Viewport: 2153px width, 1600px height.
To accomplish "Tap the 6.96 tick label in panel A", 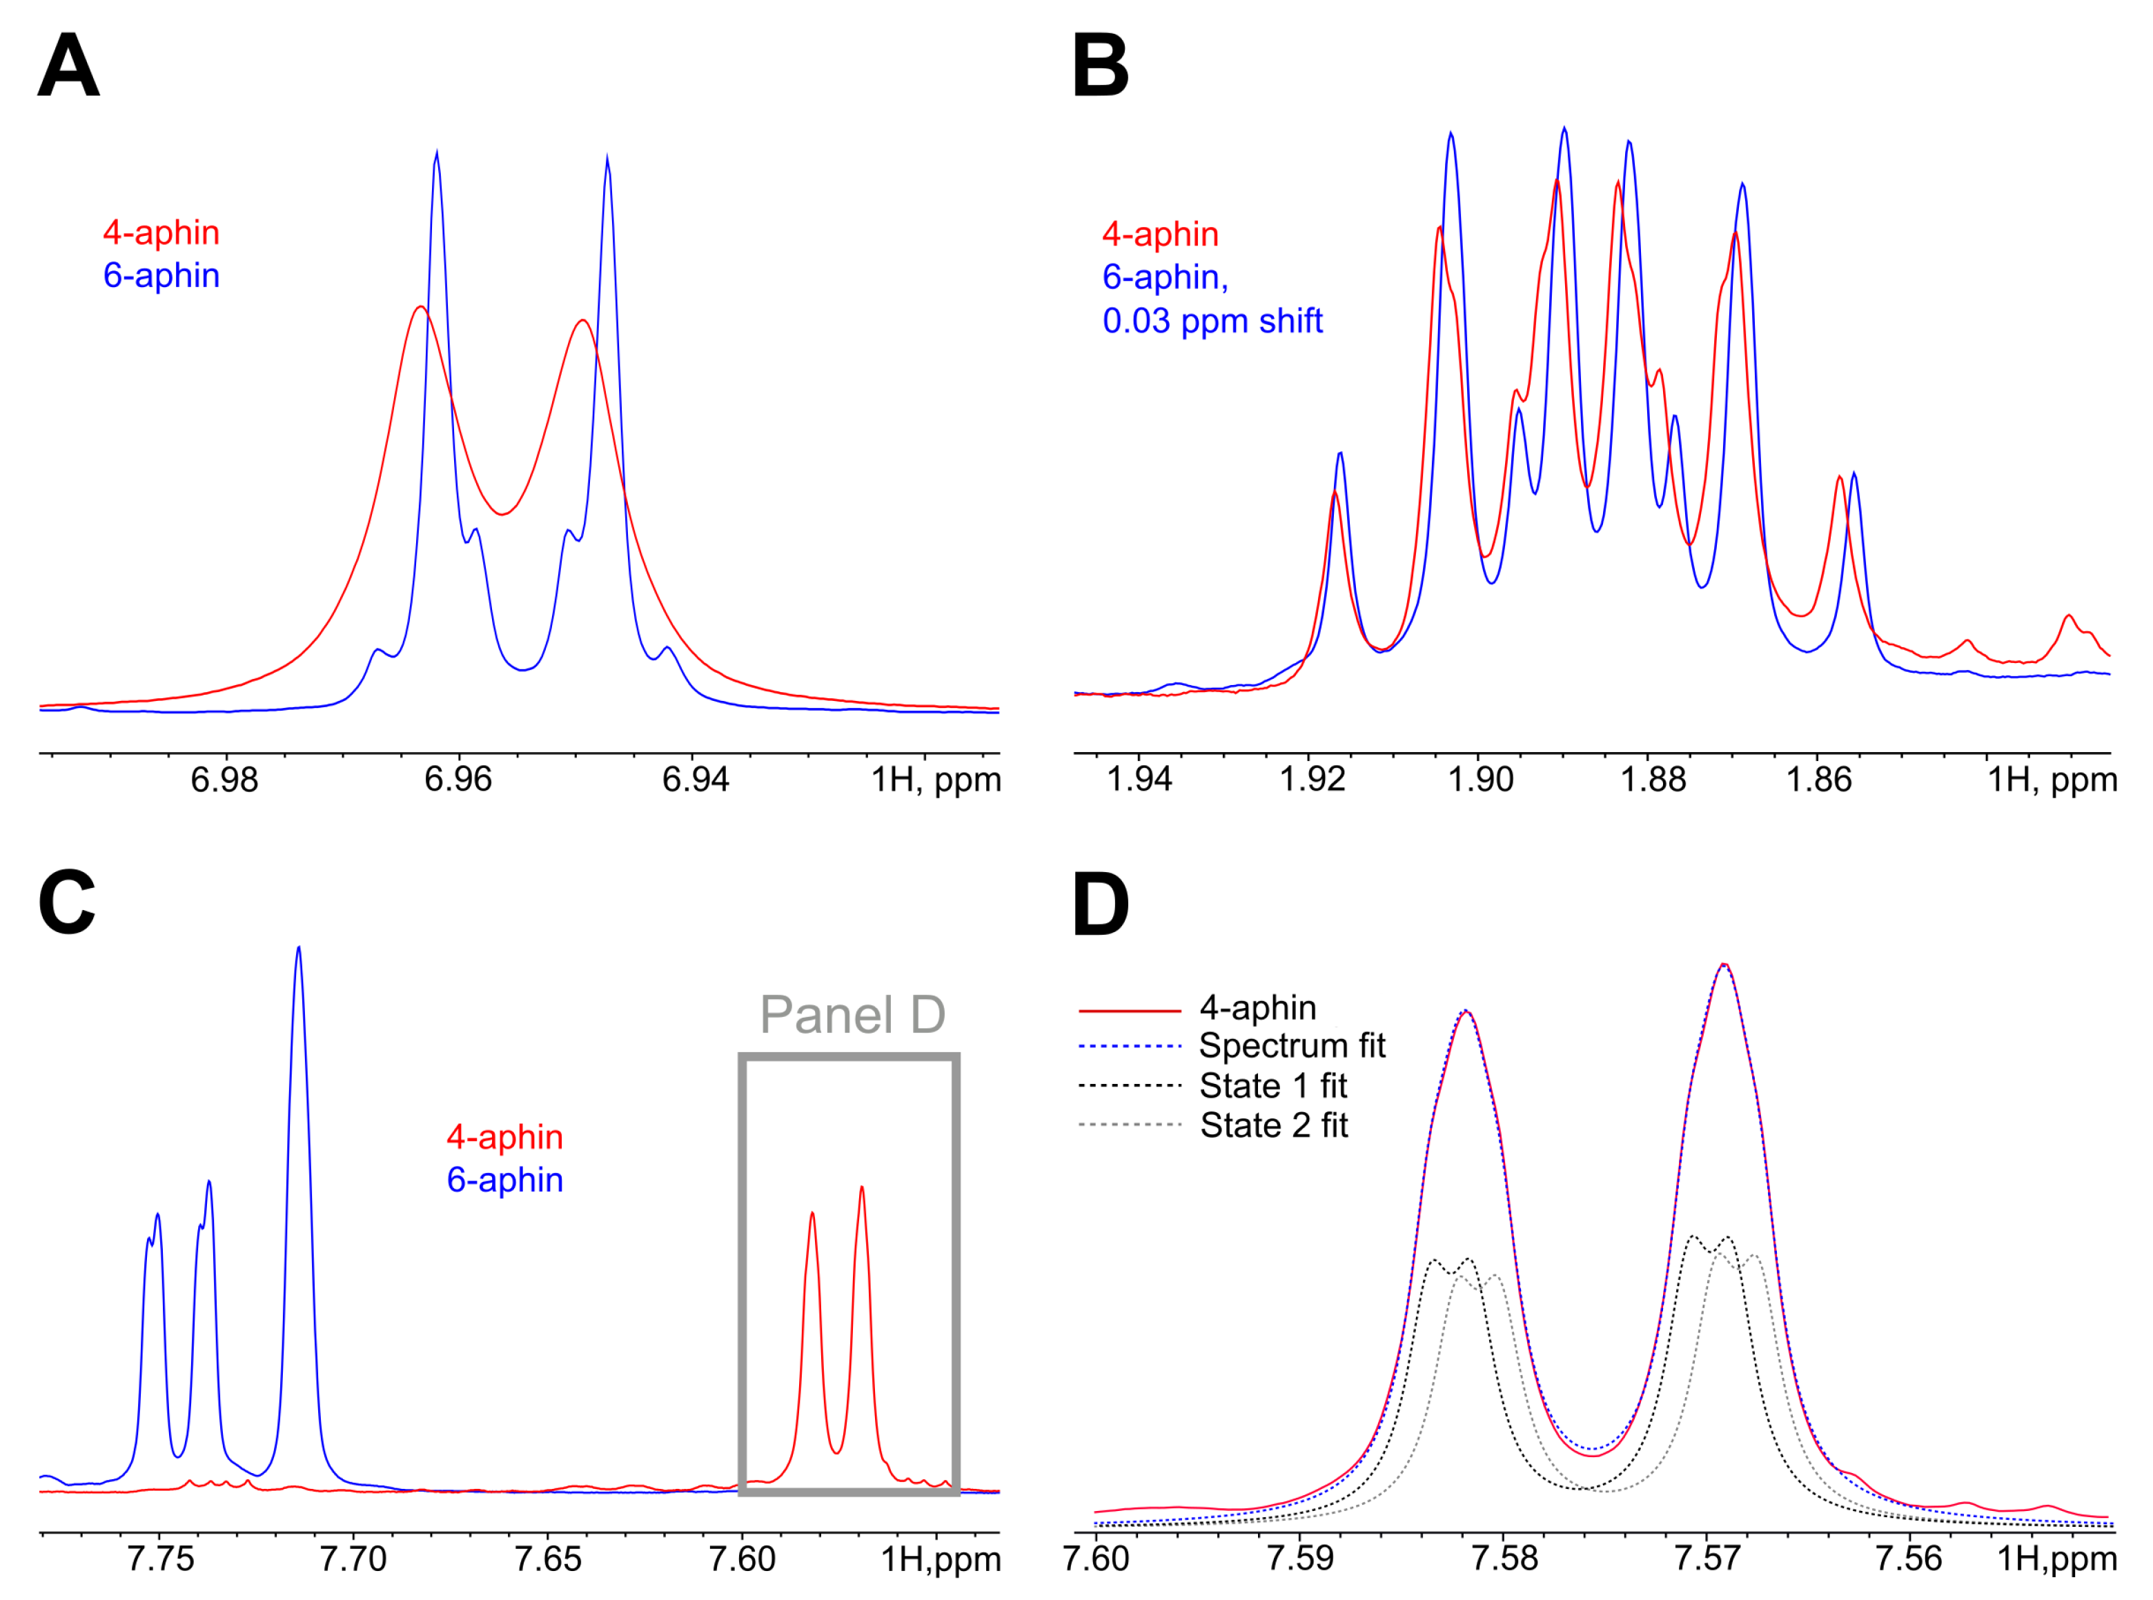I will [x=458, y=780].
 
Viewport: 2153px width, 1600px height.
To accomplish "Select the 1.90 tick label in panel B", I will [x=1480, y=780].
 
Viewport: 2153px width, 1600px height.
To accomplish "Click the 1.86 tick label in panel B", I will [x=1818, y=780].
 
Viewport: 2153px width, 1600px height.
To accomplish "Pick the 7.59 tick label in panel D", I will [x=1300, y=1559].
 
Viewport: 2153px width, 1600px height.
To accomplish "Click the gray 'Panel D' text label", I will [x=852, y=1015].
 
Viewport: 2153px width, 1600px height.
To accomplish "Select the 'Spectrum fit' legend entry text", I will [x=1292, y=1046].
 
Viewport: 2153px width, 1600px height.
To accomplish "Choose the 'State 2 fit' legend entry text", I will [x=1274, y=1125].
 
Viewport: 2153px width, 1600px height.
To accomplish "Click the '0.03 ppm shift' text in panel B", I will [x=1212, y=321].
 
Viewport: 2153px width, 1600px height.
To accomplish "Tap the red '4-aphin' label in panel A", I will [x=161, y=233].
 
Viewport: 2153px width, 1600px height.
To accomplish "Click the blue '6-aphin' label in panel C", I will [x=504, y=1180].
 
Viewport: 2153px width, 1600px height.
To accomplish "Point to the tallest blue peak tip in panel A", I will [x=438, y=152].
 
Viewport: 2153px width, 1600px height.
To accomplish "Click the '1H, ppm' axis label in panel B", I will [x=2052, y=780].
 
